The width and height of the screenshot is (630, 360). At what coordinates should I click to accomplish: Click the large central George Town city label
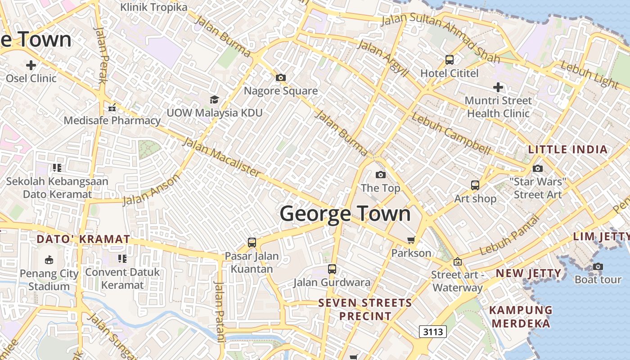[345, 213]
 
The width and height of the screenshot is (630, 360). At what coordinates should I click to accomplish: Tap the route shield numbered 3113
[433, 332]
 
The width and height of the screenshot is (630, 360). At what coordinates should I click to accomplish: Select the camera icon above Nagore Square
[281, 78]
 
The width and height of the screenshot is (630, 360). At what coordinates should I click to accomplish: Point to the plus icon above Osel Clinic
[31, 65]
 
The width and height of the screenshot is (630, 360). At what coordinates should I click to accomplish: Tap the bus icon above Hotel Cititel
[449, 60]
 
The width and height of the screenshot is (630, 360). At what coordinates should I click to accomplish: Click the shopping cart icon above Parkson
[411, 240]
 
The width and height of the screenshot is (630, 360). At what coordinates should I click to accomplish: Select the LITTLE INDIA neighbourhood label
[568, 149]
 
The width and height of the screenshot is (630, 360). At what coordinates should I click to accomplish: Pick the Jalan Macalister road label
[221, 157]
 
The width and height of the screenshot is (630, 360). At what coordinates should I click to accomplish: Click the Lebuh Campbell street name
[450, 134]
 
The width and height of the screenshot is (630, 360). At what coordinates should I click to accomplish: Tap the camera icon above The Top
[380, 175]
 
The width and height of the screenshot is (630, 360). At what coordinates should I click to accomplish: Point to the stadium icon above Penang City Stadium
[49, 260]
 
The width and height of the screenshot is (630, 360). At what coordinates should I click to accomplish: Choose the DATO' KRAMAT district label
[83, 239]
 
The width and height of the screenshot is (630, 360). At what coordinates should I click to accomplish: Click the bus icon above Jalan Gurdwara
[332, 269]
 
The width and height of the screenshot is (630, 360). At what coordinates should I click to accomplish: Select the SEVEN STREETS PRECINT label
[365, 310]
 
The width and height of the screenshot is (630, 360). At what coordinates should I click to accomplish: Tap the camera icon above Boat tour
[598, 266]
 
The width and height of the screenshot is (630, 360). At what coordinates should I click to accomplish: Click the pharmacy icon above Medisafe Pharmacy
[112, 108]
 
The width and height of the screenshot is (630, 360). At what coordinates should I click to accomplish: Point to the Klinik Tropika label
[154, 7]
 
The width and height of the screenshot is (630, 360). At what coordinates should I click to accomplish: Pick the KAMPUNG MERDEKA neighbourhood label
[521, 317]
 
